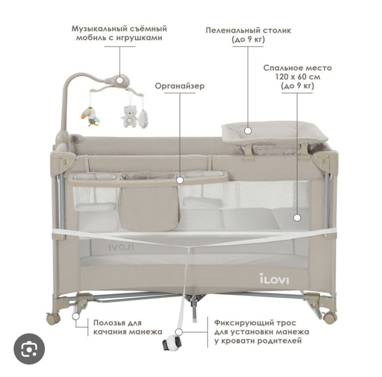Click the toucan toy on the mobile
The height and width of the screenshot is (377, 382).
coord(90,117)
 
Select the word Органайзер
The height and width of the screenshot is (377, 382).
coord(180,86)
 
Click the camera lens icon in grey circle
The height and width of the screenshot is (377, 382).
coord(29,349)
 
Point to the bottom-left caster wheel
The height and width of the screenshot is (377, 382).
coord(53,317)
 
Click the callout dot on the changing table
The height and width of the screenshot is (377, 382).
coord(248,131)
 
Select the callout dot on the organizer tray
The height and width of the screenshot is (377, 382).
coord(180,180)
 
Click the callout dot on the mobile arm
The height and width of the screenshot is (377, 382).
coord(120,80)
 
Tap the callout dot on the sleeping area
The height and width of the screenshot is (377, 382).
coord(297,218)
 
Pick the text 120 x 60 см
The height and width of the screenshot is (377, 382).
coord(298,77)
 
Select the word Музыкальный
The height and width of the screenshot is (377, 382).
coord(98,29)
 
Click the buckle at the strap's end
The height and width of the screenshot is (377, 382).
coord(172,343)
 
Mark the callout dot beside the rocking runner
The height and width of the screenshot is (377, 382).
coord(76,316)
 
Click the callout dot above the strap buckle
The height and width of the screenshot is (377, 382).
coord(179,332)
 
